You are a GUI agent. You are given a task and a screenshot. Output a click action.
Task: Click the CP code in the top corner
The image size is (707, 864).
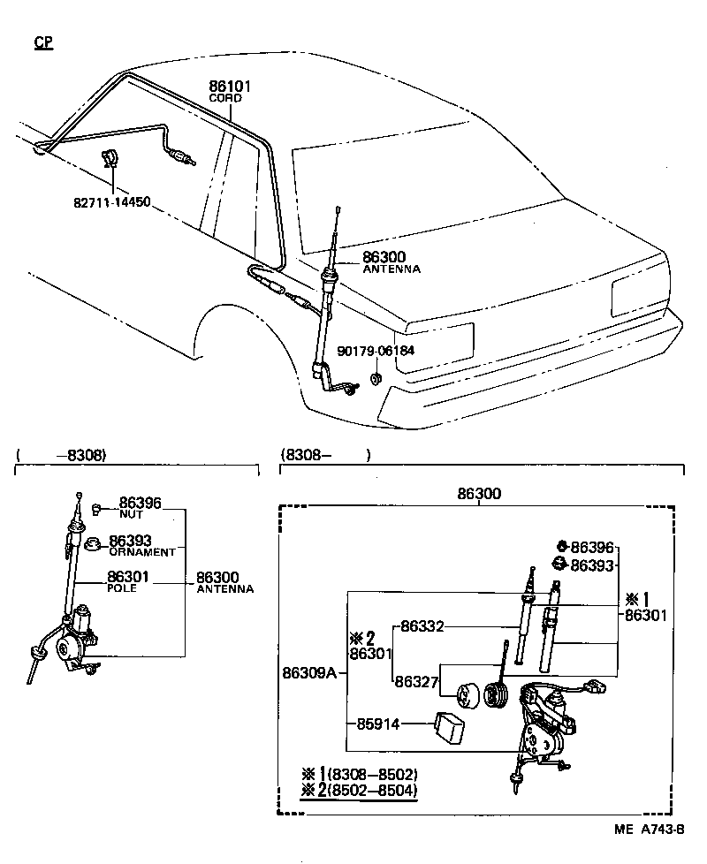43,42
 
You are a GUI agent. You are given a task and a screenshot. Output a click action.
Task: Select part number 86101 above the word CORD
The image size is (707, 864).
230,87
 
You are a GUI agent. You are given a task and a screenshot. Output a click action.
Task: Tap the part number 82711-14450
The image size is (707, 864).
111,201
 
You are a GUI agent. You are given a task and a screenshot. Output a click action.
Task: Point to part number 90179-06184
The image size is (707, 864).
375,350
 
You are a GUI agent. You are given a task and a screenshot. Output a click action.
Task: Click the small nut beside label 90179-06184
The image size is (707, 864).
375,379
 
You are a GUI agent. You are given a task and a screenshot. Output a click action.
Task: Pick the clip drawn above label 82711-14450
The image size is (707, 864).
110,160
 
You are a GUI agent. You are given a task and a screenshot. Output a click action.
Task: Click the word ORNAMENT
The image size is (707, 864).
142,551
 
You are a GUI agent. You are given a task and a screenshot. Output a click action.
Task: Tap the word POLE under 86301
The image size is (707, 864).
122,588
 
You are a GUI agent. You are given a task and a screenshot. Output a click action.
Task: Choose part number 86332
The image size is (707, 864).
421,626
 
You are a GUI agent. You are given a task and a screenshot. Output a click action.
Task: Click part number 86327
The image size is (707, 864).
415,681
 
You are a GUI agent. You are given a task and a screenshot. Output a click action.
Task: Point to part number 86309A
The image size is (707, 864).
309,673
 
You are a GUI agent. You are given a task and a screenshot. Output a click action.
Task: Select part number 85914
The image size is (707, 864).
378,724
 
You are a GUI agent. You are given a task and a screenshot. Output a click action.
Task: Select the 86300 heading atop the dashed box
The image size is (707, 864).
478,495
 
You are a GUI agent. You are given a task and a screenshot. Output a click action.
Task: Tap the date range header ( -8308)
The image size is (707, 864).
62,455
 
